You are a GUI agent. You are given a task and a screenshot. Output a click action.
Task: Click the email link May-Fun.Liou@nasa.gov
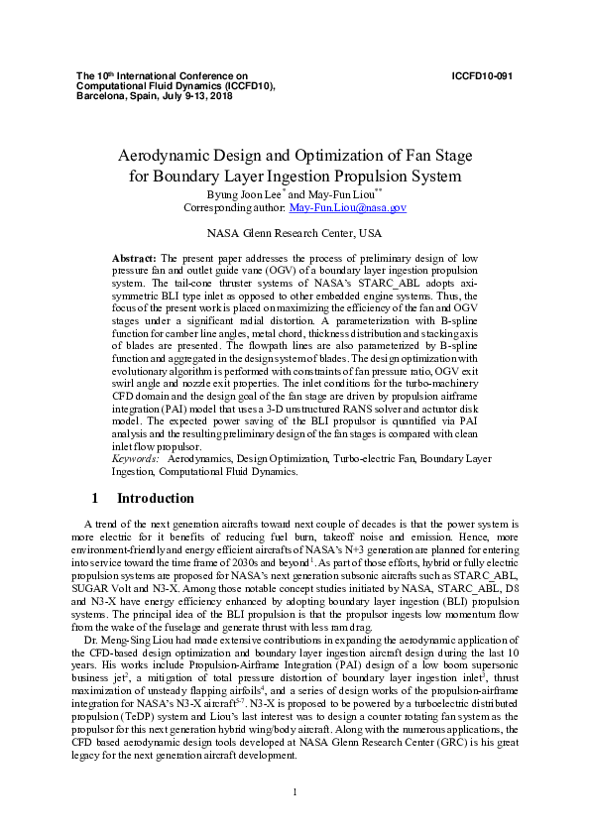pos(347,208)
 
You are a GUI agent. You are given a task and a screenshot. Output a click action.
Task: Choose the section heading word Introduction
pos(156,498)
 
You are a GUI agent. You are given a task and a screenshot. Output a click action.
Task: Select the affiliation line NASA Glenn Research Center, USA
pos(295,234)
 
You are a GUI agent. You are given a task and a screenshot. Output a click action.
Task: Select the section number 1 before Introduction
pos(94,498)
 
